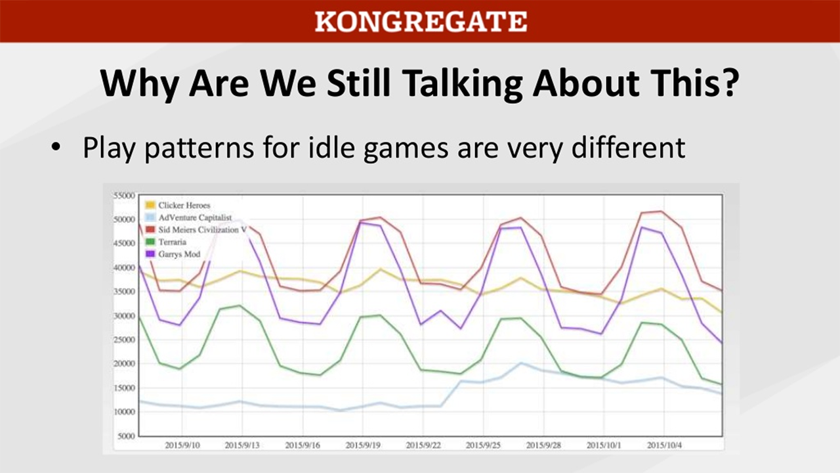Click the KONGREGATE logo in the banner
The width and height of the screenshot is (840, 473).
421,21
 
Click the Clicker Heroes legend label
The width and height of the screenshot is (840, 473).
184,206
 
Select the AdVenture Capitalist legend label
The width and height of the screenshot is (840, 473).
195,217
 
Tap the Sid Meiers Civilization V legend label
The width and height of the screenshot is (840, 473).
203,230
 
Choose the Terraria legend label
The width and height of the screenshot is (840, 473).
173,242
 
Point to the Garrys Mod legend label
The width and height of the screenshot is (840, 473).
179,254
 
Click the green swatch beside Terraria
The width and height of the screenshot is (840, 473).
150,242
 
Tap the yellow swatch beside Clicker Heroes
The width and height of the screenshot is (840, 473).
150,206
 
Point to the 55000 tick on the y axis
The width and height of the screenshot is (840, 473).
123,196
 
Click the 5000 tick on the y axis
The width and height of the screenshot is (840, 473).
125,436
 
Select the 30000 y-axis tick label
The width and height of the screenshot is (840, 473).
123,316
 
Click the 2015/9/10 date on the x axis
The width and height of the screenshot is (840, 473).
182,445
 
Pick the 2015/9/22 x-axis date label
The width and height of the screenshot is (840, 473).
424,445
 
